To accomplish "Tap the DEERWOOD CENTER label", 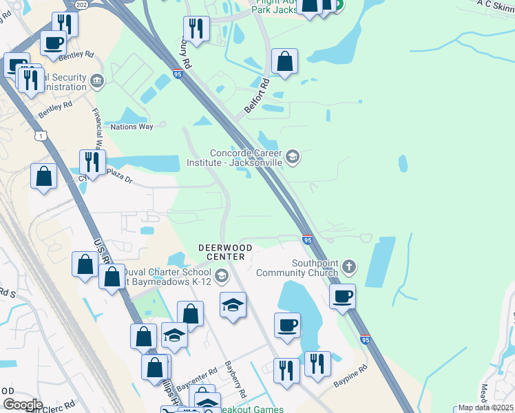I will click(225, 251).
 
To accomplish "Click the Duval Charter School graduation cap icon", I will click(221, 276).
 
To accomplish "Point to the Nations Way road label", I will click(132, 127).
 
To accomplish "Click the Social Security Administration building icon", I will click(97, 82).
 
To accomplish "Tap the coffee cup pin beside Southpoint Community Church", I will click(342, 297).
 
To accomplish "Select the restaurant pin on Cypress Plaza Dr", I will click(92, 162).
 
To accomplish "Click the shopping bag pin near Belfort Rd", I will click(284, 61).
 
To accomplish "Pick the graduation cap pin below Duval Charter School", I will click(233, 305).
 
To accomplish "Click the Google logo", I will click(22, 404).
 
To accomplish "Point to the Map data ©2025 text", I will click(485, 407).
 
